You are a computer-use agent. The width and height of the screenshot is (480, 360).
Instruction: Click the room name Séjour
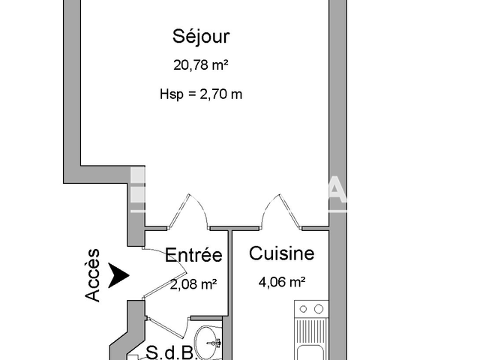200,36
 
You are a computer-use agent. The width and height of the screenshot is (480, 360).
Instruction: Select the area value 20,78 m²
200,66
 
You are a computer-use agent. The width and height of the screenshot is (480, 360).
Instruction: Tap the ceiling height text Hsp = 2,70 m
201,94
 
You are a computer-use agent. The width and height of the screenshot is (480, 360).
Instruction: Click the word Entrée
193,256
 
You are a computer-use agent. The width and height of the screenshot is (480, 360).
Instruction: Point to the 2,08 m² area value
193,284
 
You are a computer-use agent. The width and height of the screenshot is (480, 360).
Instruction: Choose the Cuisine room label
281,254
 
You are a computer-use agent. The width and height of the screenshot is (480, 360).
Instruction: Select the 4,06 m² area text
281,283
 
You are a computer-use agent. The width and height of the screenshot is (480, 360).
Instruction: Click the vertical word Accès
92,275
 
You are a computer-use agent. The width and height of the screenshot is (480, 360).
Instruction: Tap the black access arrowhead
118,275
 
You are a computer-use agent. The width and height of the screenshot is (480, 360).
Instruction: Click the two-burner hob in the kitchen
311,308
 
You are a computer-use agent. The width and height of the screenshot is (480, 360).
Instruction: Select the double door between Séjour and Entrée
183,214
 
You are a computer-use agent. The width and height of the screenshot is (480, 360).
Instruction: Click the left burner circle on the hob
303,308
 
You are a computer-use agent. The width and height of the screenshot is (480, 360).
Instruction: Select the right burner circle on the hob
319,308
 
